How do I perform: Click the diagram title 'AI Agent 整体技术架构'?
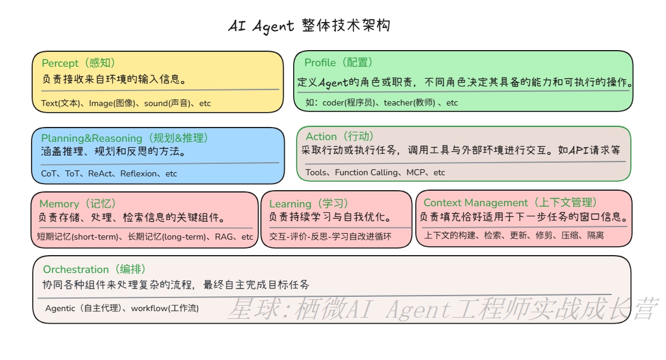pyautogui.click(x=309, y=26)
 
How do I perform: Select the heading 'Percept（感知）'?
pyautogui.click(x=78, y=63)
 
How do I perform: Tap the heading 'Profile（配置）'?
pyautogui.click(x=338, y=63)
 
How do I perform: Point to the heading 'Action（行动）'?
pyautogui.click(x=340, y=136)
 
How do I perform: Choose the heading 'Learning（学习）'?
pyautogui.click(x=309, y=204)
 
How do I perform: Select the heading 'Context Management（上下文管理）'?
pyautogui.click(x=511, y=203)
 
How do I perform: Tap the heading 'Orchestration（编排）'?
pyautogui.click(x=94, y=269)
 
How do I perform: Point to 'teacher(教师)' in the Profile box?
pyautogui.click(x=409, y=103)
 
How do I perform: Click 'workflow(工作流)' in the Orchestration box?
pyautogui.click(x=165, y=308)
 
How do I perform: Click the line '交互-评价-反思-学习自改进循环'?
pyautogui.click(x=330, y=237)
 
